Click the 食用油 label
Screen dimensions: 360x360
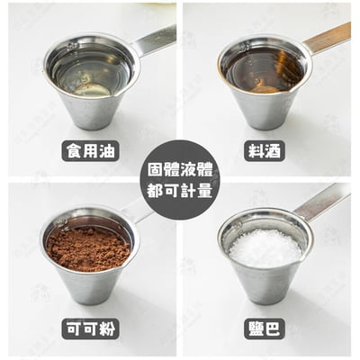pyautogui.click(x=91, y=150)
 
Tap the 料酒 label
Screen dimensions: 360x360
pyautogui.click(x=264, y=150)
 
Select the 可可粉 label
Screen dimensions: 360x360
pyautogui.click(x=91, y=328)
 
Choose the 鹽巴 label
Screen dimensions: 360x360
pyautogui.click(x=264, y=328)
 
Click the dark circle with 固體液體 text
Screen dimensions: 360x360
pyautogui.click(x=180, y=180)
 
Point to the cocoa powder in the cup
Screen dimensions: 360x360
pyautogui.click(x=87, y=248)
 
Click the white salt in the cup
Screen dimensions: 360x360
pyautogui.click(x=265, y=248)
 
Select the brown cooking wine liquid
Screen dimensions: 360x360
pyautogui.click(x=264, y=69)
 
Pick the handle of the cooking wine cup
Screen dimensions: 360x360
pyautogui.click(x=327, y=38)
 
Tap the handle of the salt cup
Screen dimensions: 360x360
pyautogui.click(x=322, y=200)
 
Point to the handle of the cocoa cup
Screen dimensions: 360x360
pyautogui.click(x=142, y=211)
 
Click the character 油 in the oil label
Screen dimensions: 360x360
pyautogui.click(x=106, y=150)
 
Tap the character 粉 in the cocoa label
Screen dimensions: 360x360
pyautogui.click(x=106, y=328)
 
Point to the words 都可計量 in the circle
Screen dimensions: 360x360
pyautogui.click(x=180, y=191)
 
